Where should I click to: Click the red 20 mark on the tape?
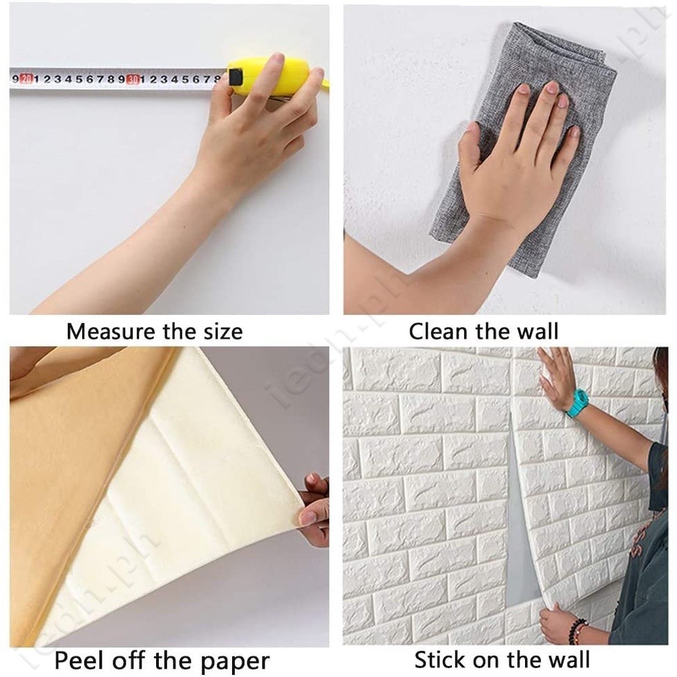(26, 79)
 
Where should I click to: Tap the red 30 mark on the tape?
(133, 79)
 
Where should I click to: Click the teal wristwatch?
(578, 403)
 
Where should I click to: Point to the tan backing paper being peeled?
(76, 484)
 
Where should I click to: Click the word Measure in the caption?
(111, 332)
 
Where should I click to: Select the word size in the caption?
(220, 332)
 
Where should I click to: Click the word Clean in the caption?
(440, 332)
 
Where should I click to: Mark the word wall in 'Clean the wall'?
(533, 332)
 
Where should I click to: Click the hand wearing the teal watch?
(556, 376)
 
